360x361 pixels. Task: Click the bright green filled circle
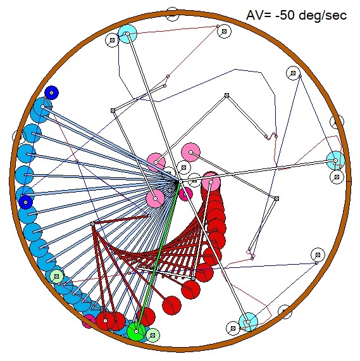[x=137, y=331]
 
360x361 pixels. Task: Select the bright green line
[x=158, y=256]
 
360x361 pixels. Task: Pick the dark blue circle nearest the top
[x=51, y=92]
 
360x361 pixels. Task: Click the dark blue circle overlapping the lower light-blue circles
[x=25, y=202]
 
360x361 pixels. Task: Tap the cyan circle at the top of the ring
[x=127, y=34]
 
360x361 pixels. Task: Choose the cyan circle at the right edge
[x=335, y=160]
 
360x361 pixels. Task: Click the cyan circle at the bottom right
[x=248, y=322]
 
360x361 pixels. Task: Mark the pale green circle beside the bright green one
[x=153, y=335]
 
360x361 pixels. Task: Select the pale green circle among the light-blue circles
[x=56, y=276]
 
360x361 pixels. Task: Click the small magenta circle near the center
[x=186, y=194]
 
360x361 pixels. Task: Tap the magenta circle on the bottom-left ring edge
[x=89, y=321]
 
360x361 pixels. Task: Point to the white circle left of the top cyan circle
[x=112, y=41]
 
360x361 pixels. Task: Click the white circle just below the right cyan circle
[x=337, y=177]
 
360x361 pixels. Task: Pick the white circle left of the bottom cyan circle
[x=233, y=328]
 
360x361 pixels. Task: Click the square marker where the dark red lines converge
[x=92, y=224]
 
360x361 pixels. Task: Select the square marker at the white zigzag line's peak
[x=227, y=95]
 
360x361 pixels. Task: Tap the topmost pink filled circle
[x=190, y=152]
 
